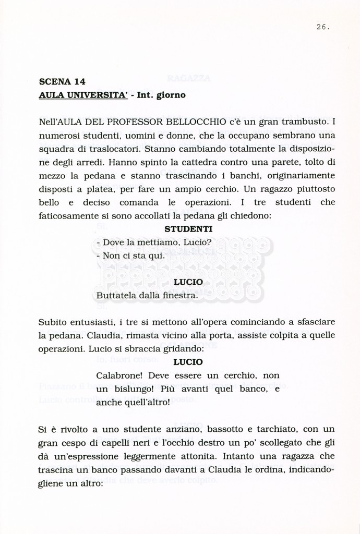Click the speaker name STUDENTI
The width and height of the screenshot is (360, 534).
[x=188, y=229]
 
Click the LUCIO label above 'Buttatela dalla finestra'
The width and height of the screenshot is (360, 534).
[x=188, y=282]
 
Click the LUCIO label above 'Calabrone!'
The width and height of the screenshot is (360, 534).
[x=188, y=361]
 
